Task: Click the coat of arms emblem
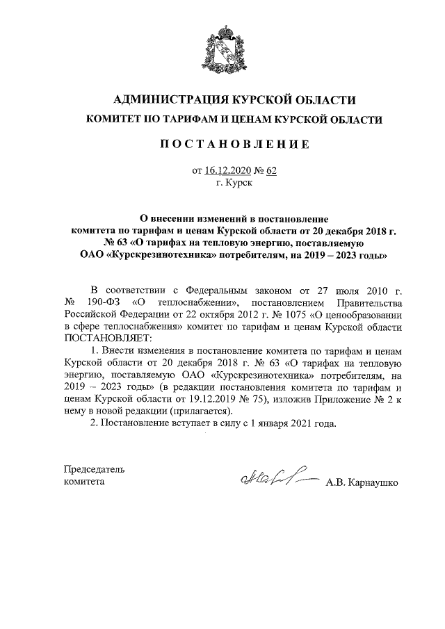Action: (x=222, y=47)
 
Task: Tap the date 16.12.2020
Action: (x=227, y=170)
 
